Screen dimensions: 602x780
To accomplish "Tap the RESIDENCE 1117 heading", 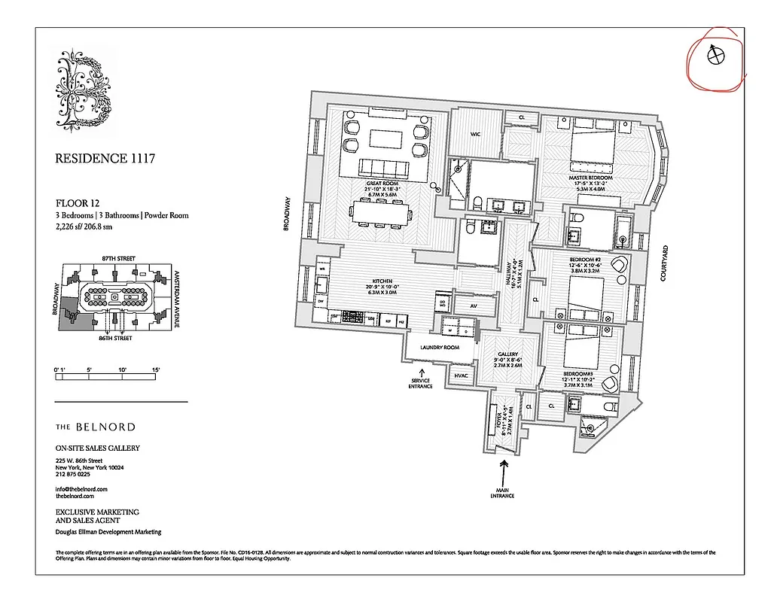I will click(x=105, y=159).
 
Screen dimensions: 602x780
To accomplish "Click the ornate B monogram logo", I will click(x=84, y=88).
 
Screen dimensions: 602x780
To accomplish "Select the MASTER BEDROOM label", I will click(x=591, y=178).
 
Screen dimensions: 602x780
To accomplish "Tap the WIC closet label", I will click(x=476, y=135).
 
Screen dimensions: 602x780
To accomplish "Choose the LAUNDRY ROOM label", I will click(x=440, y=348).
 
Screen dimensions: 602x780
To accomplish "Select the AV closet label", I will click(x=474, y=306).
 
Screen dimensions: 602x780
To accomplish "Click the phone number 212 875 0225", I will click(x=73, y=475).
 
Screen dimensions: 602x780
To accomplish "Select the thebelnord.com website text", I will click(x=75, y=497).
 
